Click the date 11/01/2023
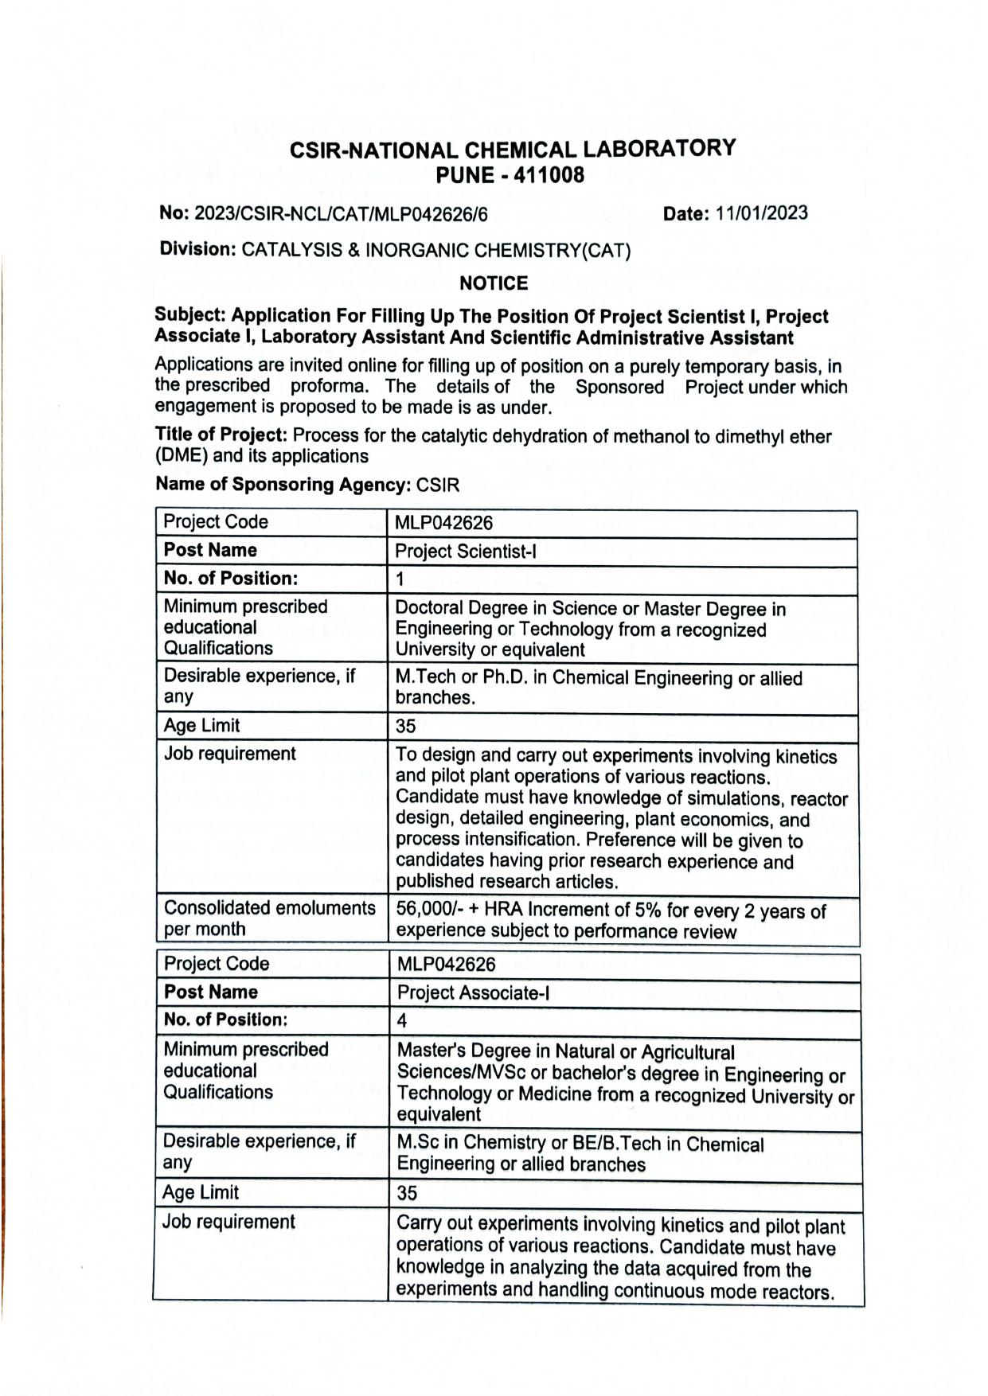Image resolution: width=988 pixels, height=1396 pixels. point(761,213)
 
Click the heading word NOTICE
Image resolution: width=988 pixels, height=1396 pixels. point(494,283)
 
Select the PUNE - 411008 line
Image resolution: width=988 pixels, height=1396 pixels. point(510,175)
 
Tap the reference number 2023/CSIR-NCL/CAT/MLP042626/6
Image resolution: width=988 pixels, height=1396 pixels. point(341,214)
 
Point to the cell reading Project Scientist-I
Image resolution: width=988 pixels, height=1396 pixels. point(465,552)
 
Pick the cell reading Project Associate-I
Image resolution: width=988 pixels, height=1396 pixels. point(473,993)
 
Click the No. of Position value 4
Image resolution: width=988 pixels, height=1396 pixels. point(402,1021)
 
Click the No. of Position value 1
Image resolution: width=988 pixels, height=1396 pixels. point(400,579)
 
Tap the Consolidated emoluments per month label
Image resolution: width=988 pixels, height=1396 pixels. point(269,918)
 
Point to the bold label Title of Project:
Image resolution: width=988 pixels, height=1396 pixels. point(221,435)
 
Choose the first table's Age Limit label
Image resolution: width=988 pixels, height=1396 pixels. point(201,726)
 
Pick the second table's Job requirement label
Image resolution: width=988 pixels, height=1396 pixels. point(228,1222)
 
